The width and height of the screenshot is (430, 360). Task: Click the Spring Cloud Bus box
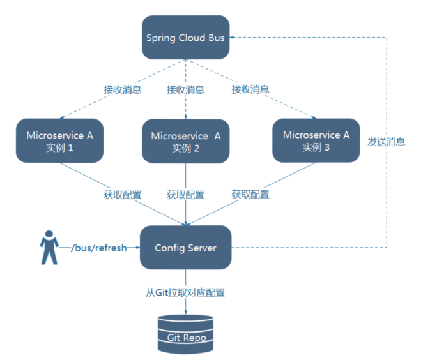(185, 38)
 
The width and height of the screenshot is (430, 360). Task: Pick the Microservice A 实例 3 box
(316, 140)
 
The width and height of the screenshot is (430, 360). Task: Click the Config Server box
(185, 247)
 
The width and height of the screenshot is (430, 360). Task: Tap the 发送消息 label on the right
(387, 142)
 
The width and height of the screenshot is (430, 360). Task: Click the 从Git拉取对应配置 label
(185, 293)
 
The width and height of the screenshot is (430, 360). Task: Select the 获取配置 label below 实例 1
(122, 194)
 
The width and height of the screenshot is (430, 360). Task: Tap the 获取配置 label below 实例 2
(185, 194)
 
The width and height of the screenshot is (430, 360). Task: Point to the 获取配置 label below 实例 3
(250, 194)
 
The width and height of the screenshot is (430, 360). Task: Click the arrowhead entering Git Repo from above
(186, 310)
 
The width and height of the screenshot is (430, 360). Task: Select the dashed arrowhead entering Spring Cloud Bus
(234, 38)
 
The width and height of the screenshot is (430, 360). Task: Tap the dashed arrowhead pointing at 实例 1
(62, 117)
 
